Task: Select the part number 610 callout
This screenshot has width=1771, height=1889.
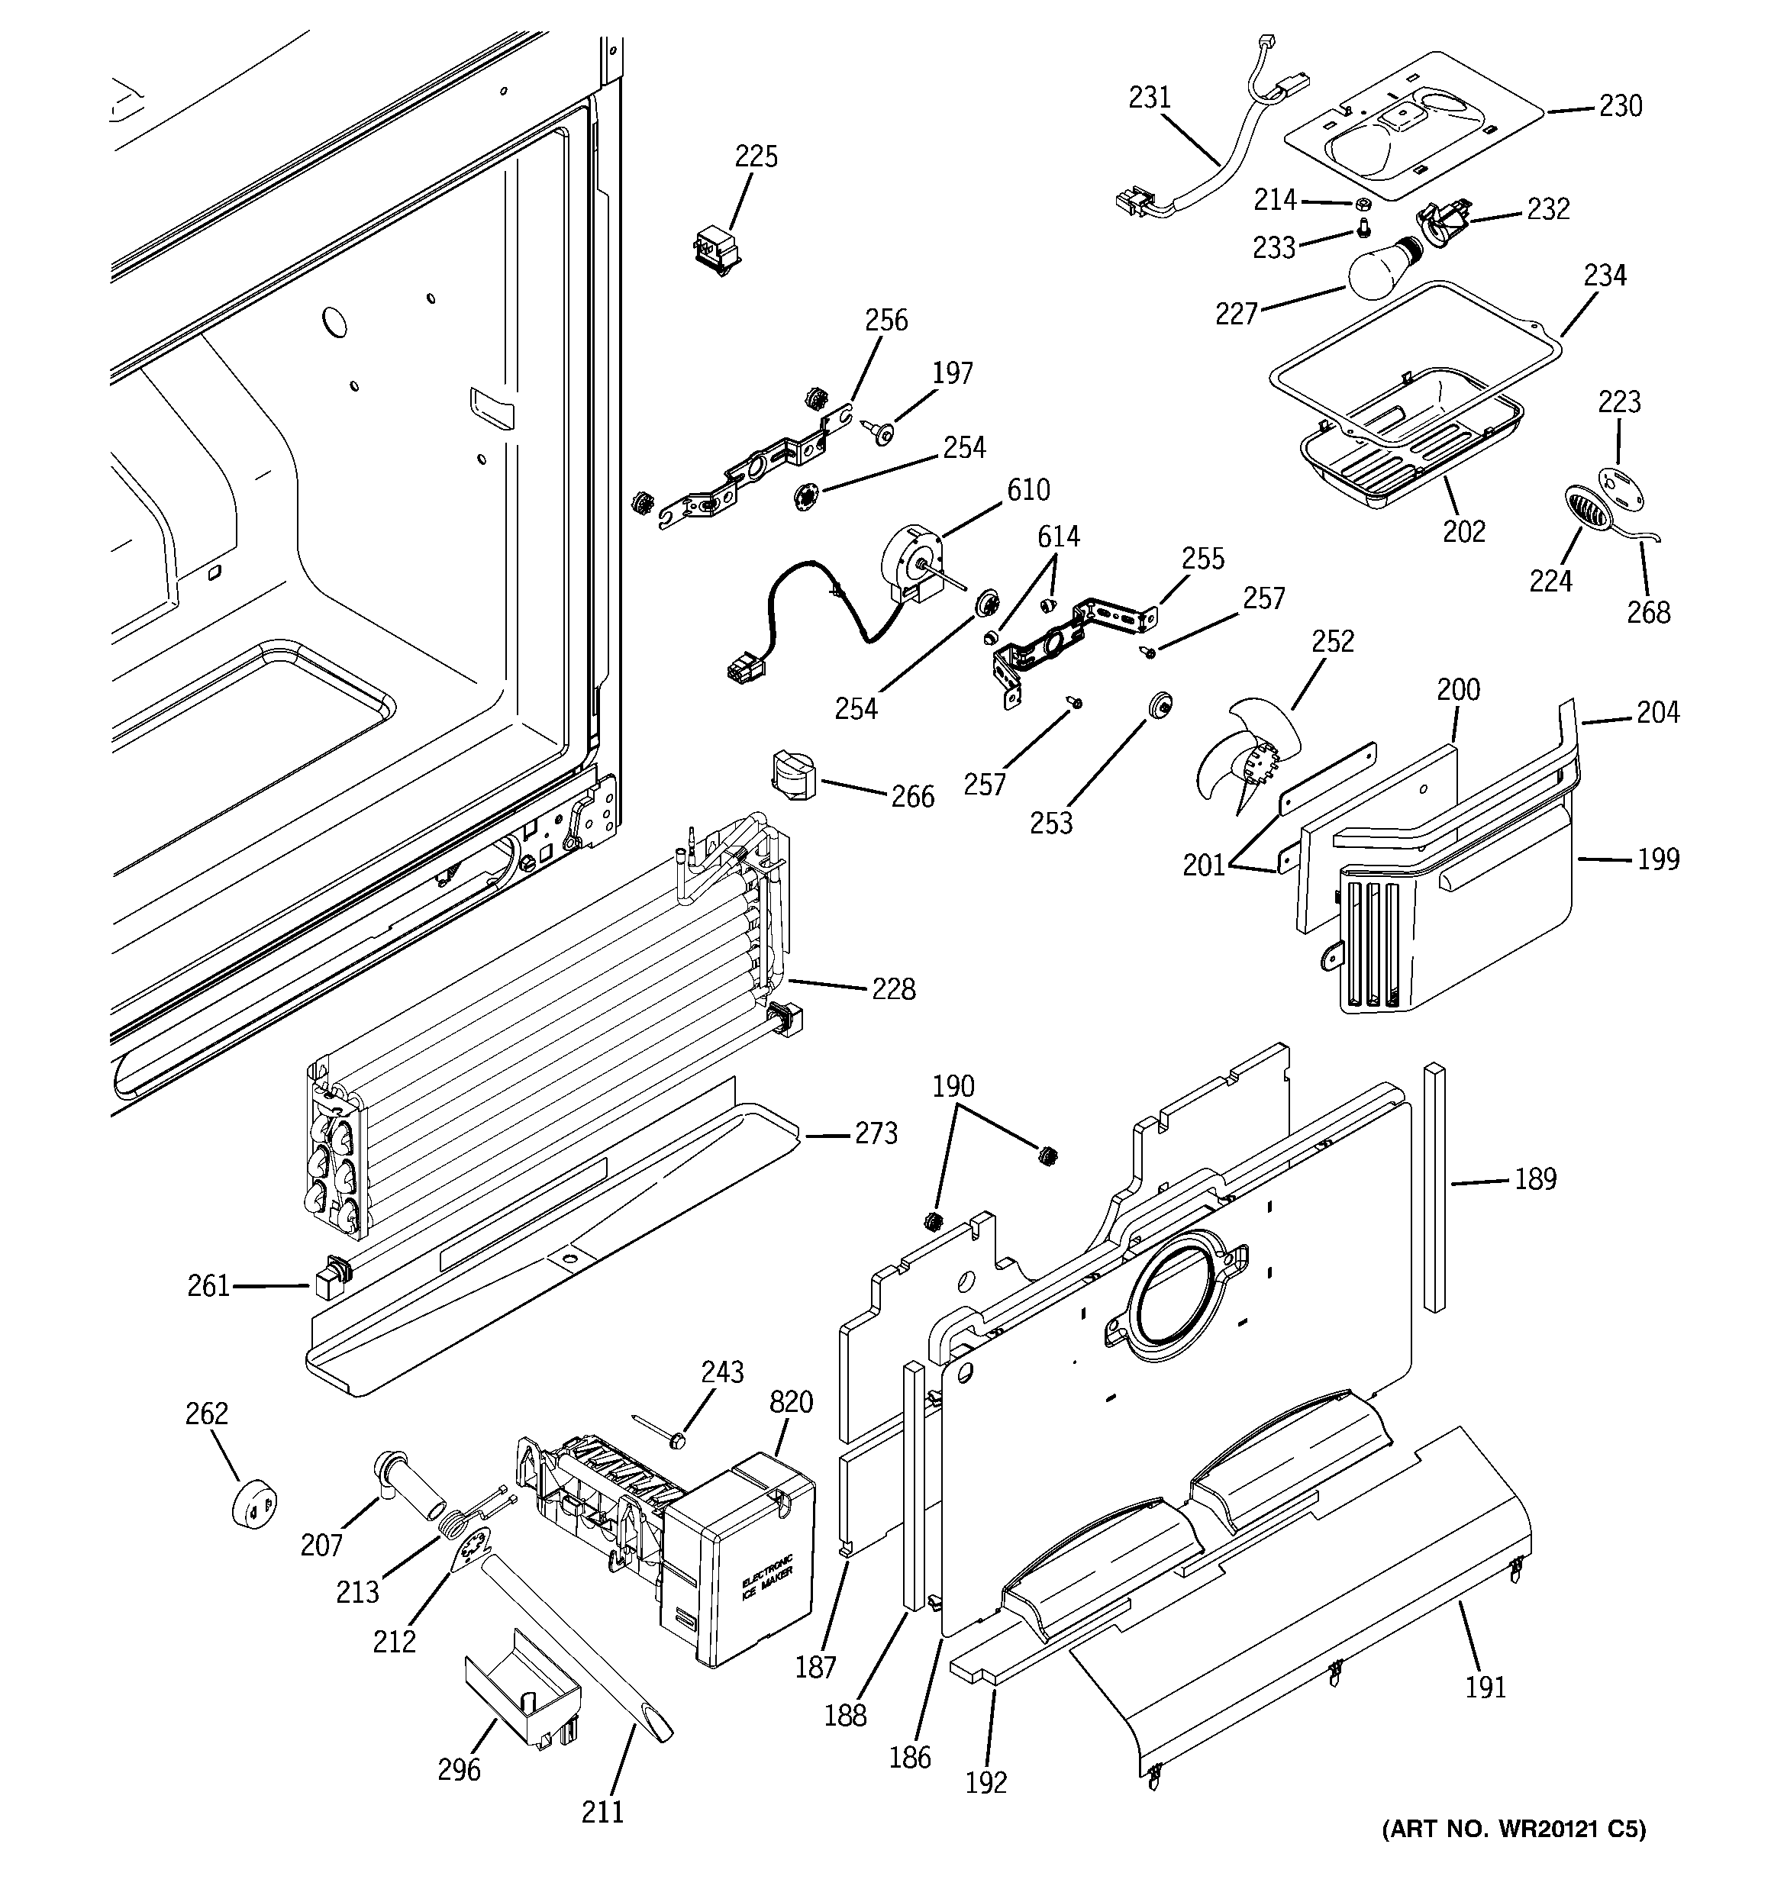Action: click(x=1028, y=490)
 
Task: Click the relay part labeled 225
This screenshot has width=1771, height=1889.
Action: click(x=714, y=249)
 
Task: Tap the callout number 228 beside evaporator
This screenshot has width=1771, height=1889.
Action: click(x=894, y=989)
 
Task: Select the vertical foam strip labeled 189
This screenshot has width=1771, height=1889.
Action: click(x=1434, y=1187)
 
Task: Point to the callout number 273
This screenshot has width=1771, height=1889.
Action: click(x=876, y=1133)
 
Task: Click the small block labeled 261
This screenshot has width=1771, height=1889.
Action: click(x=325, y=1279)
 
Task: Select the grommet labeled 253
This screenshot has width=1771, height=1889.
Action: click(x=1160, y=705)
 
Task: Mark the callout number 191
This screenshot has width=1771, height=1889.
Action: click(x=1485, y=1687)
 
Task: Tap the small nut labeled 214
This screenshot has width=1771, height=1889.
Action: click(x=1361, y=203)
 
